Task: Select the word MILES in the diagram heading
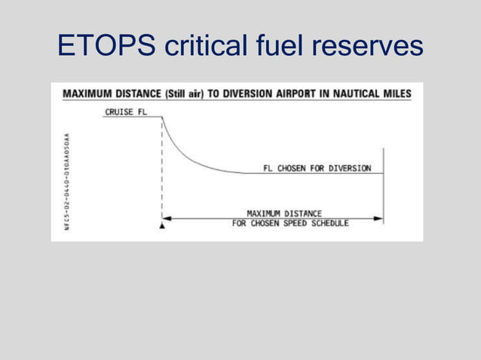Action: pos(397,94)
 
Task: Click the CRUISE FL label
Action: pos(125,111)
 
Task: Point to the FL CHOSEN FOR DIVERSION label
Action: pos(317,169)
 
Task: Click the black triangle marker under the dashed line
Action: pos(162,225)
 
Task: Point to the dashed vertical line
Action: pos(162,173)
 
